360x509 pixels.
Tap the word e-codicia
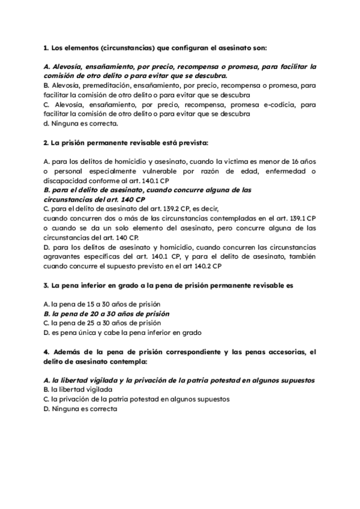point(267,105)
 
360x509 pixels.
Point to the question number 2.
point(46,143)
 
